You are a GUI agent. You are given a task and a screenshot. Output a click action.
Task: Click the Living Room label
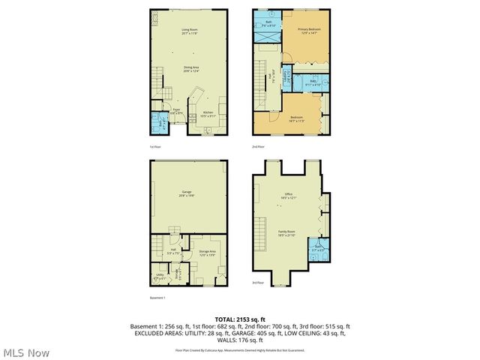click(188, 31)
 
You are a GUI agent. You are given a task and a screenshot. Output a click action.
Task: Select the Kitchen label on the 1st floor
click(208, 115)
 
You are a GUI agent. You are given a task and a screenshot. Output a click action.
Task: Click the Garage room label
click(187, 193)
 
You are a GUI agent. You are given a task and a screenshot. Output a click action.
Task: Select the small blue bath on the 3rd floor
click(318, 250)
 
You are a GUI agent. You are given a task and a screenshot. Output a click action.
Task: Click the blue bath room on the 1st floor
click(157, 121)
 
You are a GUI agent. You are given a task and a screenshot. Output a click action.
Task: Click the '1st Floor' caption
click(155, 147)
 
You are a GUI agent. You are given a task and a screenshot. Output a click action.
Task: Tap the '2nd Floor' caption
click(259, 147)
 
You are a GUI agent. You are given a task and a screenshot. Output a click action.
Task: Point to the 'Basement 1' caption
click(157, 298)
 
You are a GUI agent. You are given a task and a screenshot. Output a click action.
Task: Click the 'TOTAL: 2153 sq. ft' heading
click(240, 319)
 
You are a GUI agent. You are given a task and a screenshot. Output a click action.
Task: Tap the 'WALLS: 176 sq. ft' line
click(240, 340)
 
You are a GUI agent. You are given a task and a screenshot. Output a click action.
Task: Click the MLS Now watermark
click(26, 352)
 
